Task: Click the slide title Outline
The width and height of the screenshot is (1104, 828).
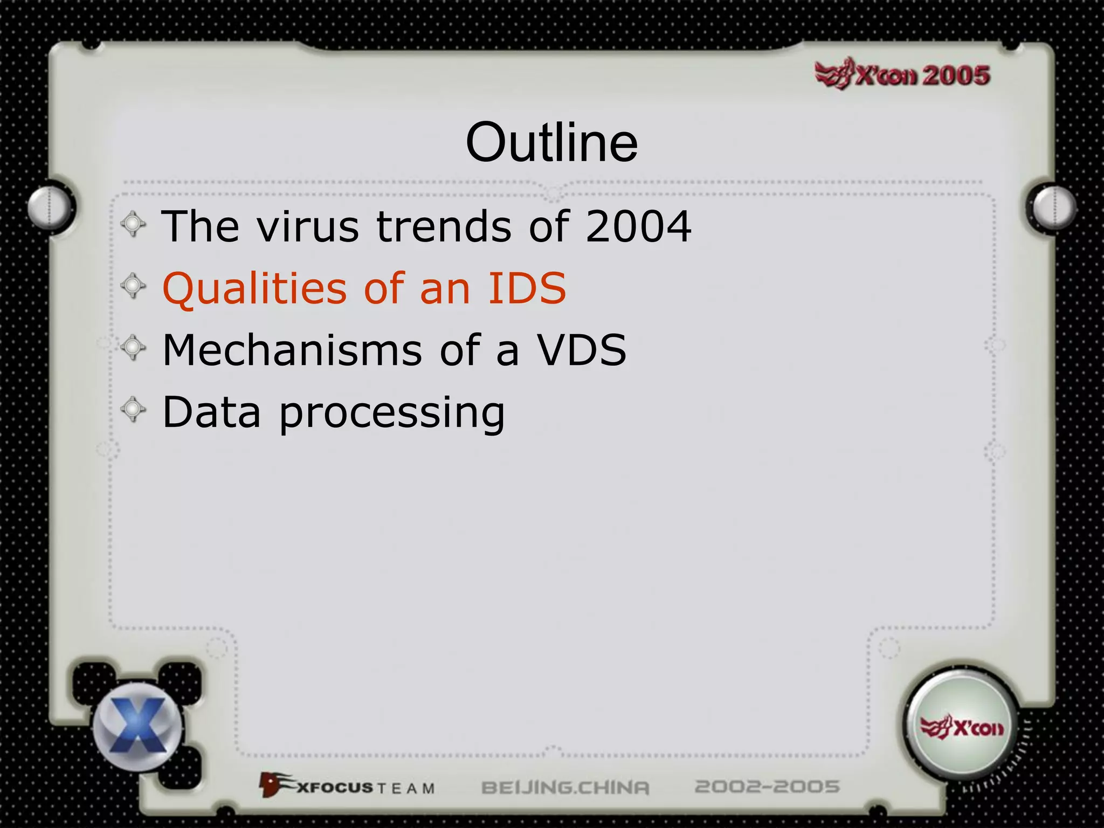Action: coord(551,142)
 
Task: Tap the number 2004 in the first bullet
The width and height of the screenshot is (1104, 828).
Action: coord(638,226)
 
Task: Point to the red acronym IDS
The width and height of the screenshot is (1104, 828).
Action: coord(527,288)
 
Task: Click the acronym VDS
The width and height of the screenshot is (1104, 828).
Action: coord(582,350)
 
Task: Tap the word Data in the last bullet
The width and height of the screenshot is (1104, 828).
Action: coord(212,412)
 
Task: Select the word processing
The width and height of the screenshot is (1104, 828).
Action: coord(392,413)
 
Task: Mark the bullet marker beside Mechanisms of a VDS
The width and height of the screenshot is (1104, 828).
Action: coord(133,348)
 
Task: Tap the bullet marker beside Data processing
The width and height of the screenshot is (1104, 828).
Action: coord(133,410)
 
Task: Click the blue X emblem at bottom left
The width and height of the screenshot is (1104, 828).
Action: coord(138,726)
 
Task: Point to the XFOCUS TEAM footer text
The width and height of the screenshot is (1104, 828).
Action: coord(348,786)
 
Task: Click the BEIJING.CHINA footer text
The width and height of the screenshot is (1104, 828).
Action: coord(565,788)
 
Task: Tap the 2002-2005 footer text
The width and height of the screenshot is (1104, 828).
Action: coord(767,786)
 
